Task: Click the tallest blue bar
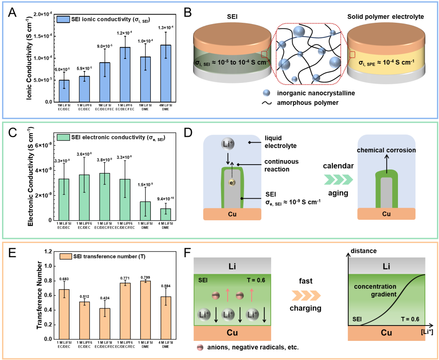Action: pos(166,74)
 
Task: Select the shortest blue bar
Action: pos(64,91)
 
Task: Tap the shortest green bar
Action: pos(166,215)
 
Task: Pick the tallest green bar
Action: pos(105,197)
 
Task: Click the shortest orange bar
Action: pos(105,324)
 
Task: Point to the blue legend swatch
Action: pos(63,19)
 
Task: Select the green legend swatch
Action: pos(63,137)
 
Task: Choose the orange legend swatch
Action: pos(66,256)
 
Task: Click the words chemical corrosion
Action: pos(386,150)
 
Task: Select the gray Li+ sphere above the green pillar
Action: pos(228,144)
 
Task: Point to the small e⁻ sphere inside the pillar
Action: pos(232,183)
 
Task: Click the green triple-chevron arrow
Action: pos(339,179)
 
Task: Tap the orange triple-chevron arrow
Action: pos(306,296)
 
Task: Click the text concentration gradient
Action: pos(375,290)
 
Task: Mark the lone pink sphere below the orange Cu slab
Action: pos(200,347)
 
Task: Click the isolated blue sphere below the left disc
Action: pos(266,93)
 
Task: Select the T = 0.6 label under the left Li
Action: pos(256,280)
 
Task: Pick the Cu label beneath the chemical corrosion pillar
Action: pos(386,214)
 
